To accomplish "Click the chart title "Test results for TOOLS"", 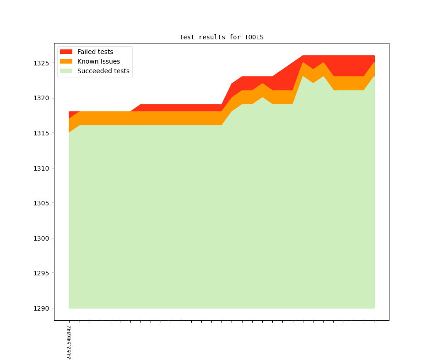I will (x=221, y=37).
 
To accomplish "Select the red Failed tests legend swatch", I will (x=66, y=52).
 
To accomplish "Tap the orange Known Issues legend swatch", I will (x=66, y=61).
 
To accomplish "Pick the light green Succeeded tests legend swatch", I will (x=66, y=71).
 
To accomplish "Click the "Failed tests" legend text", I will (x=95, y=52).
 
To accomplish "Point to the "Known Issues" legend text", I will (x=98, y=61).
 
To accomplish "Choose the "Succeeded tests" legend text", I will (x=103, y=71).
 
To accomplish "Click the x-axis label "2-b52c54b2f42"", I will (x=69, y=342).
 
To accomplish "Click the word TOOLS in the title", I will (x=254, y=37).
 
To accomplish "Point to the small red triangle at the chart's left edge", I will (x=72, y=114).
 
